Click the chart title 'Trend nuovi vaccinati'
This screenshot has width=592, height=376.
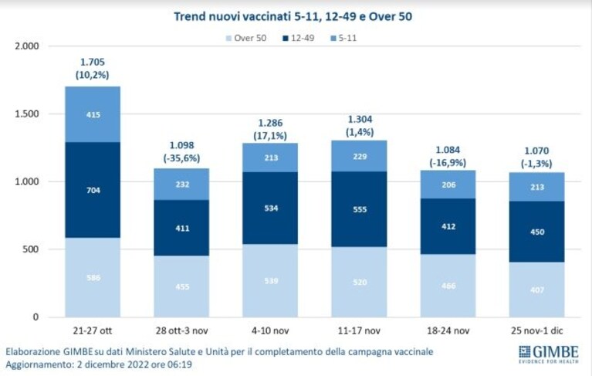click(232, 17)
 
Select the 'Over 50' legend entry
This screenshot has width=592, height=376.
click(245, 38)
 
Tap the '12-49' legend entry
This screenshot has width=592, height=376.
click(298, 38)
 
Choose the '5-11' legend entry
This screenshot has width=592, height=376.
click(343, 38)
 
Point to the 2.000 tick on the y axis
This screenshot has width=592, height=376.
click(27, 46)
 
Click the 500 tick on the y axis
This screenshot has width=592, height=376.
click(31, 249)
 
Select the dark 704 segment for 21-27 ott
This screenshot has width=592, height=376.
click(93, 190)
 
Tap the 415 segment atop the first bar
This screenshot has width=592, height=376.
click(93, 114)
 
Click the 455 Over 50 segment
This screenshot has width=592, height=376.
click(181, 286)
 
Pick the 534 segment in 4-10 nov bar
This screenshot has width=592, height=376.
click(270, 208)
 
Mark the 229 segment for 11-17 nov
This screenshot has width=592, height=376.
click(359, 156)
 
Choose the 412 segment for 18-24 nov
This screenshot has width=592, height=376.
click(448, 226)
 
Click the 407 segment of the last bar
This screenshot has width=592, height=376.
click(537, 290)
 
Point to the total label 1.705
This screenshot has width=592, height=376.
click(93, 62)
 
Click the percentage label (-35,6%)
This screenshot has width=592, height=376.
click(181, 158)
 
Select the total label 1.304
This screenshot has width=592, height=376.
click(360, 120)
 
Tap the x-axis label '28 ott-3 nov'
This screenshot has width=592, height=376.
click(181, 331)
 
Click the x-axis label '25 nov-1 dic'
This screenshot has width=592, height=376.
click(537, 331)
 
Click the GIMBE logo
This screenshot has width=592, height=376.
click(549, 354)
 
